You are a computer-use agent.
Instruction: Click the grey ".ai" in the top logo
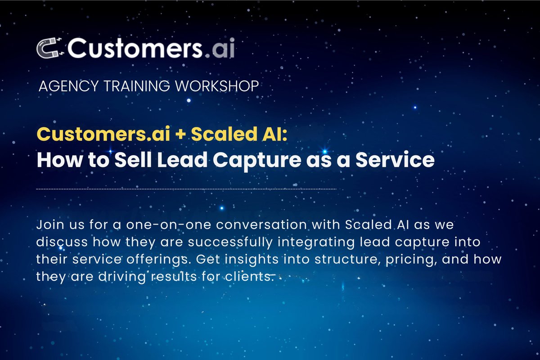point(220,48)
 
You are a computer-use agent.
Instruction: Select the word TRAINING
point(137,86)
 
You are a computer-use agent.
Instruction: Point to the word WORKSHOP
point(217,86)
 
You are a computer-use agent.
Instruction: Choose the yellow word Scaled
point(224,134)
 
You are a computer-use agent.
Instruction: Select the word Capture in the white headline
point(257,161)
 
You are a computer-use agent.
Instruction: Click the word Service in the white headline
point(395,160)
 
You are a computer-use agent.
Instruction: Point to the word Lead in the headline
point(182,160)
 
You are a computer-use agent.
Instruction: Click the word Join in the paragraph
point(50,225)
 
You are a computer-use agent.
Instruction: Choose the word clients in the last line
point(249,277)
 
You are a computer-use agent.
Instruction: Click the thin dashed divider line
point(186,189)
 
